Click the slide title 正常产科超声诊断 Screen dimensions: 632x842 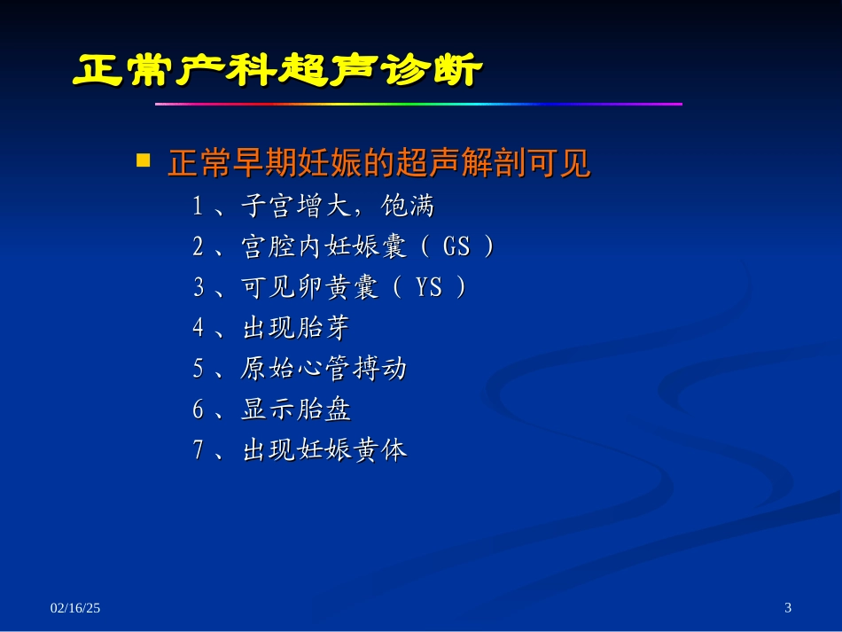click(x=277, y=71)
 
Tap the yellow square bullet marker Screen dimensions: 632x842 click(x=143, y=160)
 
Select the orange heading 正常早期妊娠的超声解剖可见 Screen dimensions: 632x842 click(x=378, y=164)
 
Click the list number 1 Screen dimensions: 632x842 click(x=199, y=207)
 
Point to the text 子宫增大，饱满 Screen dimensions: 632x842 click(x=338, y=207)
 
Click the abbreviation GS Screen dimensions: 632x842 click(x=456, y=247)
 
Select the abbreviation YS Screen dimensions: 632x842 click(x=429, y=288)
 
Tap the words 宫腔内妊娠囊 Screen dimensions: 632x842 click(x=323, y=247)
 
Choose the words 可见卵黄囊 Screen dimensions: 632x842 click(x=309, y=288)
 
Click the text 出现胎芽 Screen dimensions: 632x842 click(x=295, y=329)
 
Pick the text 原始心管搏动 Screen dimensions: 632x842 click(x=323, y=369)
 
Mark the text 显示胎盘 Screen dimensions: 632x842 click(x=295, y=410)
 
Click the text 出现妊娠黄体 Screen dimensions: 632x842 click(x=324, y=450)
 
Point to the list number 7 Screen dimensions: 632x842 click(x=199, y=450)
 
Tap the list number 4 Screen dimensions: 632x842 click(x=199, y=329)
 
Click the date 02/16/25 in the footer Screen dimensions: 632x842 click(x=75, y=608)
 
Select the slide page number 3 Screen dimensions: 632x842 click(x=789, y=608)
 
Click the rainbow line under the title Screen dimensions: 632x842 click(x=418, y=105)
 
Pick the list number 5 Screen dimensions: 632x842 click(x=199, y=369)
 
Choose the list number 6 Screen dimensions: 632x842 click(x=199, y=410)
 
